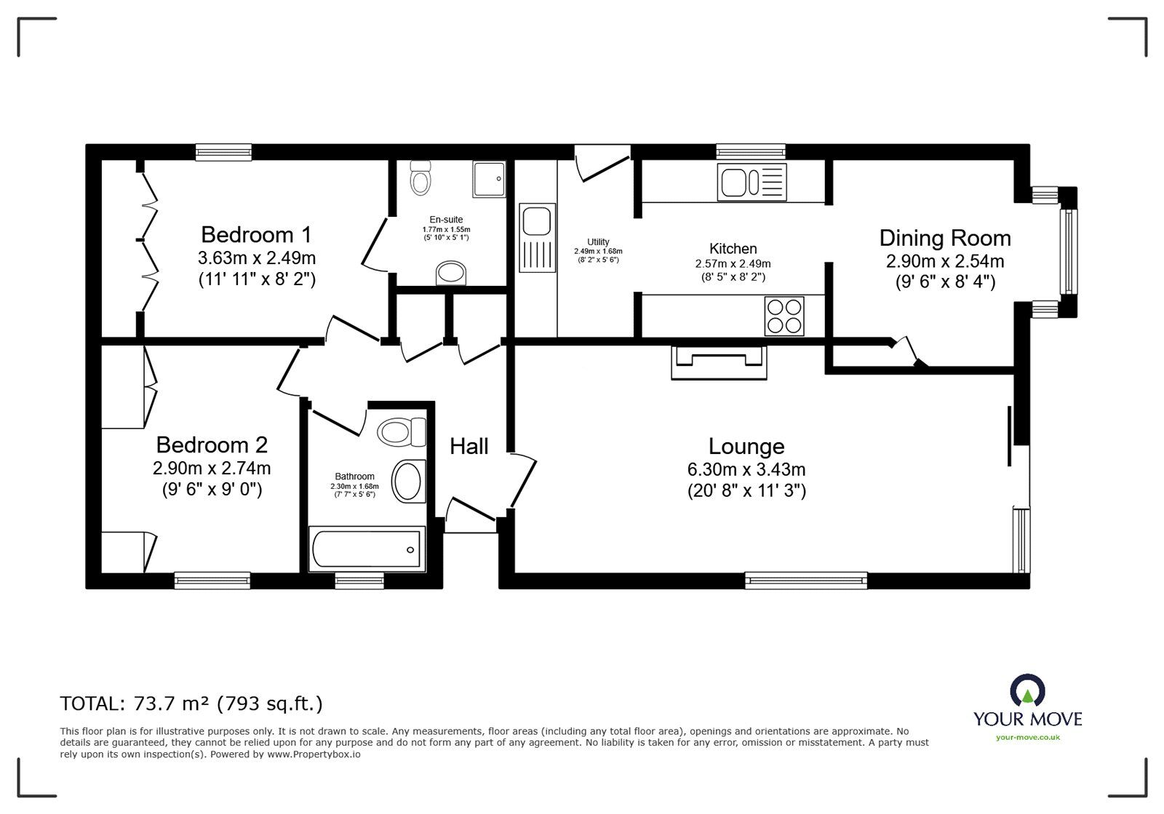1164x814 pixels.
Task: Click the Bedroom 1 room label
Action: point(256,235)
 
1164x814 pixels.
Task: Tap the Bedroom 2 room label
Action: point(212,445)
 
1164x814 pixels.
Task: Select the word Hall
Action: point(469,447)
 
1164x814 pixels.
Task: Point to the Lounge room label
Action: point(746,447)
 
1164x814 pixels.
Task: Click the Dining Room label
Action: point(945,239)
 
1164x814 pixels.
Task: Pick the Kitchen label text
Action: point(733,248)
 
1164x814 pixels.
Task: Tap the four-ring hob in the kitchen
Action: point(784,316)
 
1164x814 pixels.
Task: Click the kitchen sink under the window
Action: point(752,183)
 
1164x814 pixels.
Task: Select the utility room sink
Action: point(537,239)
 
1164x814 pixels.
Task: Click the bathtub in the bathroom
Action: point(367,549)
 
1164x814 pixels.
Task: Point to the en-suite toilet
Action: point(420,177)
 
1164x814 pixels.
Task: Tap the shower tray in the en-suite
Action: point(489,179)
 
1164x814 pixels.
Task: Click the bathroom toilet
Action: point(402,432)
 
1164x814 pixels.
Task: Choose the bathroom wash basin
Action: point(408,481)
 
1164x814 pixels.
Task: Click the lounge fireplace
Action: point(719,362)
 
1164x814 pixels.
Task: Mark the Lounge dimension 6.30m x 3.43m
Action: point(746,470)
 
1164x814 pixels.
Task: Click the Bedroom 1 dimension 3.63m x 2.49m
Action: point(257,258)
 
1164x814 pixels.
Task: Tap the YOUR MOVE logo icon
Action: point(1027,691)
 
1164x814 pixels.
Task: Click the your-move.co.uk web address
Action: point(1028,738)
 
